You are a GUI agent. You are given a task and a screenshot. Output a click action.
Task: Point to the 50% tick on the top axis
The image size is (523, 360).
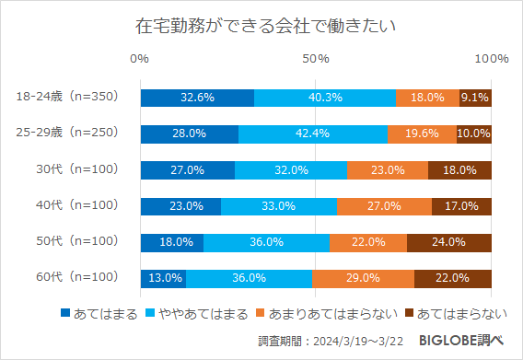pos(316,59)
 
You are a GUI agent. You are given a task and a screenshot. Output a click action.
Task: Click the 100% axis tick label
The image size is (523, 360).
pos(491,59)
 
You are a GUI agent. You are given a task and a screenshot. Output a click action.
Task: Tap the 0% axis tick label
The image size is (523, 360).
pos(140,59)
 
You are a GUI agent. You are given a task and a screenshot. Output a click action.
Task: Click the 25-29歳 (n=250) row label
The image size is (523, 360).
pos(69,134)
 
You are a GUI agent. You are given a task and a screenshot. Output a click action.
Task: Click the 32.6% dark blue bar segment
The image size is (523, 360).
pos(197,98)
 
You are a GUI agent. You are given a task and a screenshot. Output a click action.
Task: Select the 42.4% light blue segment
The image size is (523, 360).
pos(313,134)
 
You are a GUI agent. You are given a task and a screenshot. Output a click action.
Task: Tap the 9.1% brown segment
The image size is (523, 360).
pos(475,98)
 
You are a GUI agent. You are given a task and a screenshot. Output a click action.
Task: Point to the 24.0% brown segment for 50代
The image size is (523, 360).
pos(448,241)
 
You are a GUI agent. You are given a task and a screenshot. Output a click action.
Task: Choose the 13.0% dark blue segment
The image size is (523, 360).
pos(163,277)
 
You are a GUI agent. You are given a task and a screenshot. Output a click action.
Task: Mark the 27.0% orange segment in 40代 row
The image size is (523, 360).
pos(384,205)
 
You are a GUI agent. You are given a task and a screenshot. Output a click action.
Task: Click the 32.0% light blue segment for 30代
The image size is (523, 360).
pos(291,169)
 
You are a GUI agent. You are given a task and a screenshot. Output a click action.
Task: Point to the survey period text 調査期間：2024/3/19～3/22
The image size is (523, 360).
pos(334,343)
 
